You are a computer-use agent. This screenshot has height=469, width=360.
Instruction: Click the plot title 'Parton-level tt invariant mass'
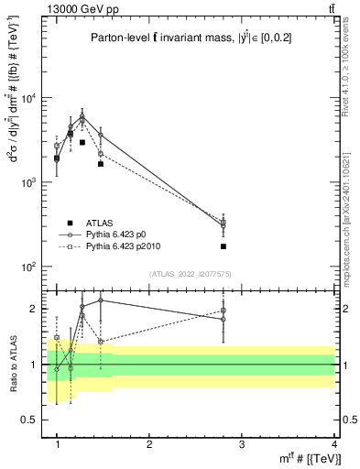click(174, 37)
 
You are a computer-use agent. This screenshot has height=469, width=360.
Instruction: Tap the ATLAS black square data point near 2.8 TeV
click(224, 246)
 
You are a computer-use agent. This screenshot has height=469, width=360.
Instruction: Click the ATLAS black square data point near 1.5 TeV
click(101, 164)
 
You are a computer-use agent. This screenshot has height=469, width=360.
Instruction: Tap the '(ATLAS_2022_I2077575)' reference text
click(191, 274)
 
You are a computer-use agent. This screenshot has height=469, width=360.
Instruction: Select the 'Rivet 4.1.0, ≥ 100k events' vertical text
click(351, 70)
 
